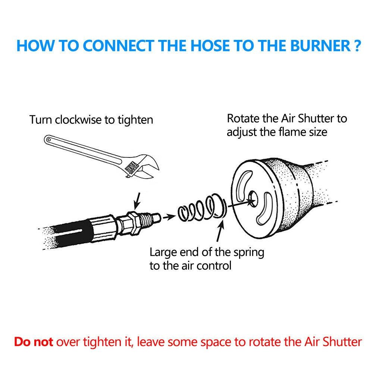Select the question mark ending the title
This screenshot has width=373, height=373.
pyautogui.click(x=357, y=46)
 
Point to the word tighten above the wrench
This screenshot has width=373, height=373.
pyautogui.click(x=135, y=120)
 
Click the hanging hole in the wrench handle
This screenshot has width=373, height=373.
pyautogui.click(x=49, y=140)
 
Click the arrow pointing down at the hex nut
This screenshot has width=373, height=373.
pyautogui.click(x=137, y=201)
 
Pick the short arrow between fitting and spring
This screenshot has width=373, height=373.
pyautogui.click(x=169, y=217)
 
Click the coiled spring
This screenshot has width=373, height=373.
pyautogui.click(x=202, y=207)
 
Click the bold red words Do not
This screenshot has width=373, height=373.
pyautogui.click(x=34, y=342)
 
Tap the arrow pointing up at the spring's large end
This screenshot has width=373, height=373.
pyautogui.click(x=220, y=231)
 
